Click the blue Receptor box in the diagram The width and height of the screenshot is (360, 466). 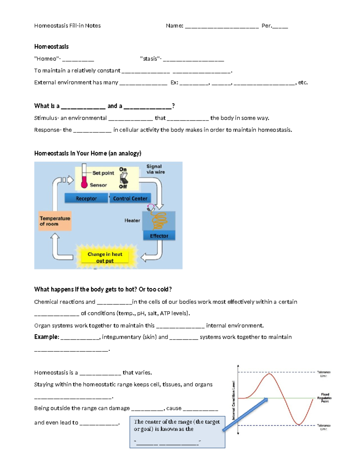(x=86, y=198)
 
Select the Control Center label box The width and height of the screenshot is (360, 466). (x=130, y=198)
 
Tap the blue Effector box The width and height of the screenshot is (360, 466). (x=159, y=236)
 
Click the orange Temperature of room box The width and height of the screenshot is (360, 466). (x=55, y=221)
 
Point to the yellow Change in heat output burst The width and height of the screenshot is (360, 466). (x=105, y=257)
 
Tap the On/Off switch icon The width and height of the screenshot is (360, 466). (x=123, y=178)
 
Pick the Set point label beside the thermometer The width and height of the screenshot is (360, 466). (x=103, y=173)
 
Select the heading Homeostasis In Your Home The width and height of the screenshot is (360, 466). (x=88, y=153)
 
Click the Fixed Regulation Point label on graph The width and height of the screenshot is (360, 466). (x=325, y=398)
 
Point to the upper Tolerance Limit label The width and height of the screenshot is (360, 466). (x=323, y=374)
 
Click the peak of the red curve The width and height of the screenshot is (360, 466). (x=269, y=374)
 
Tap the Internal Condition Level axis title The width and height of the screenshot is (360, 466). (x=234, y=400)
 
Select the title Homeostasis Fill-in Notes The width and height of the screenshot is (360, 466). (x=67, y=26)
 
